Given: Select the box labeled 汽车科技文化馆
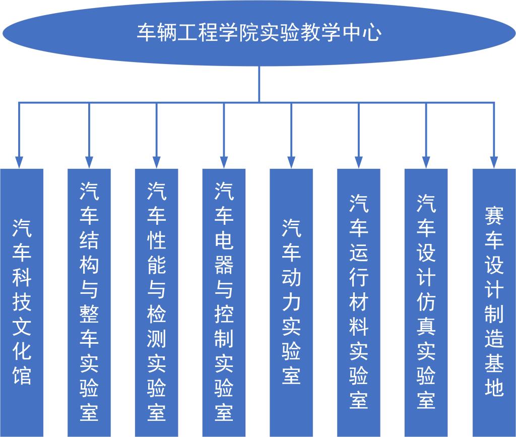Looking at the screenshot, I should [22, 302].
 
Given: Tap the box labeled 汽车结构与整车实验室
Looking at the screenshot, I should [89, 302].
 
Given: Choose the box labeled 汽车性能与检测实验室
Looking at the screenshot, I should [157, 302].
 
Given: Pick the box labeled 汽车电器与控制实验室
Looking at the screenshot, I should [224, 302].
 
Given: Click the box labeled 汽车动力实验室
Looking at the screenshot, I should [291, 302].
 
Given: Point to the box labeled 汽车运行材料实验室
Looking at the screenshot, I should [359, 302].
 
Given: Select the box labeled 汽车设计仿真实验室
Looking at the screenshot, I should [426, 302].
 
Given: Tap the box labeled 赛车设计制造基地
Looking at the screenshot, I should [494, 302].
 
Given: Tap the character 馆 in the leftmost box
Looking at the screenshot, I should [22, 376].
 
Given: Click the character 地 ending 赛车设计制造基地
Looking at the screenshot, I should [494, 388].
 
